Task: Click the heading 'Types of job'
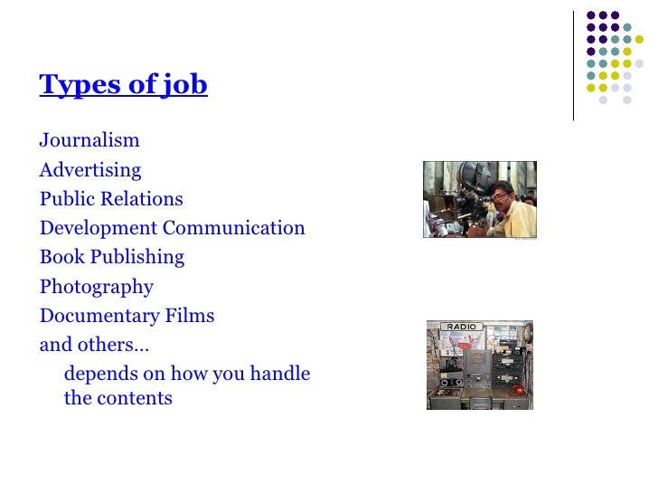[x=123, y=85]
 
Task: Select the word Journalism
[x=89, y=140]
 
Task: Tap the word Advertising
[x=90, y=170]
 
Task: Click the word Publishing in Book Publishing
[x=137, y=257]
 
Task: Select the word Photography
[x=97, y=288]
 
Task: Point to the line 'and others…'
[x=94, y=345]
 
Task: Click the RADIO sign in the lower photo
[x=461, y=327]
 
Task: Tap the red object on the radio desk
[x=518, y=390]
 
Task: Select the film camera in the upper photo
[x=462, y=181]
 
